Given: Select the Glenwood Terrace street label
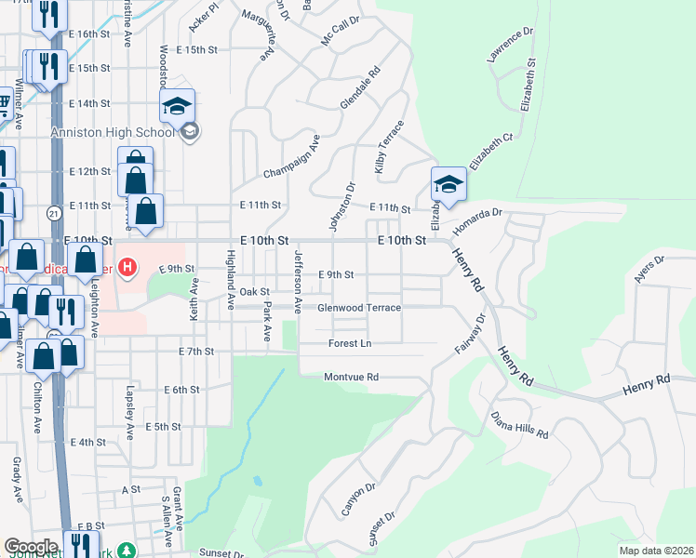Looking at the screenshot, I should click(359, 308).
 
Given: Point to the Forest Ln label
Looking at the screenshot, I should click(350, 344).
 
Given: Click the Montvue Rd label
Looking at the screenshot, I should click(351, 378).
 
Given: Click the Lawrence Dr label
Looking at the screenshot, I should click(510, 45).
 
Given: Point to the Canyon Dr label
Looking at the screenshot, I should click(357, 499).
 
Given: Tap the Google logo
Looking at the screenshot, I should click(31, 547).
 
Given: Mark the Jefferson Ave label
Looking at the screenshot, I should click(299, 280).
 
